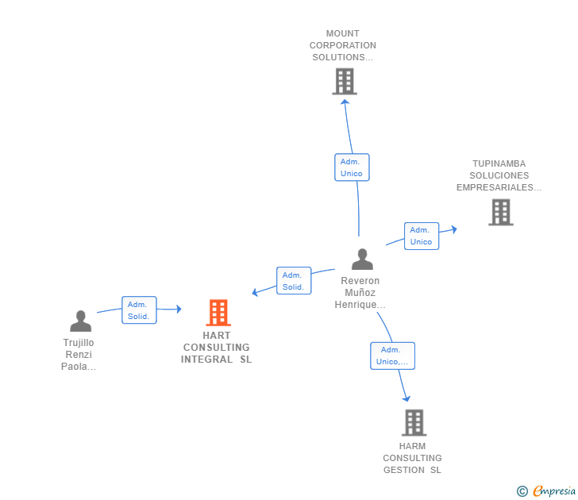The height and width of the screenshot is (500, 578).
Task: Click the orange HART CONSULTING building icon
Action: [218, 313]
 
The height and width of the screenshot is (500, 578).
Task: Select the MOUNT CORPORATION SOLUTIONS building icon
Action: [344, 81]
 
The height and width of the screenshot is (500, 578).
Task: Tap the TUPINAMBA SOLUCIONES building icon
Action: [500, 212]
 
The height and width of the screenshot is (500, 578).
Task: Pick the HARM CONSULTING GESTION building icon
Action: [414, 422]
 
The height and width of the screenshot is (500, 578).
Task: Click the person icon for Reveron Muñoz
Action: [362, 260]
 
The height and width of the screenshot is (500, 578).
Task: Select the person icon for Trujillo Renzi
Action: [80, 321]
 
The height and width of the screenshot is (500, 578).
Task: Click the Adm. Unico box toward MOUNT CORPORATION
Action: [352, 167]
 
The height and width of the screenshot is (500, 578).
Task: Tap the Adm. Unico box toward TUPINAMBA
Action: [421, 236]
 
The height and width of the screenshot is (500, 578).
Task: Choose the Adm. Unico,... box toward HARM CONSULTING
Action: [392, 356]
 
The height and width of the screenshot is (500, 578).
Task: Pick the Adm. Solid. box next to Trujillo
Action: [139, 310]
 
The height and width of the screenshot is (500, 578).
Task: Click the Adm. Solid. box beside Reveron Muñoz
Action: [294, 281]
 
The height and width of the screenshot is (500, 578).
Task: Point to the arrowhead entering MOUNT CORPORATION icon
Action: [345, 101]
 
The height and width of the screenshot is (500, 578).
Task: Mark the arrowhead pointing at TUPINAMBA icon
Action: [453, 229]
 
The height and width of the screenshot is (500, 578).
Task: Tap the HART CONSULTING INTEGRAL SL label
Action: [216, 348]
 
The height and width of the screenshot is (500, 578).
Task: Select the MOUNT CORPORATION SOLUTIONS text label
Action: [343, 45]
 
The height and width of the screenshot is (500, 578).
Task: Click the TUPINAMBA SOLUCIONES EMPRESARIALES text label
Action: [499, 175]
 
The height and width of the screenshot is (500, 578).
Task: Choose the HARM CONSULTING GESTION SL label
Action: [412, 458]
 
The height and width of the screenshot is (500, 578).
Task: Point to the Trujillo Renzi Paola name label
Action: [79, 355]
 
